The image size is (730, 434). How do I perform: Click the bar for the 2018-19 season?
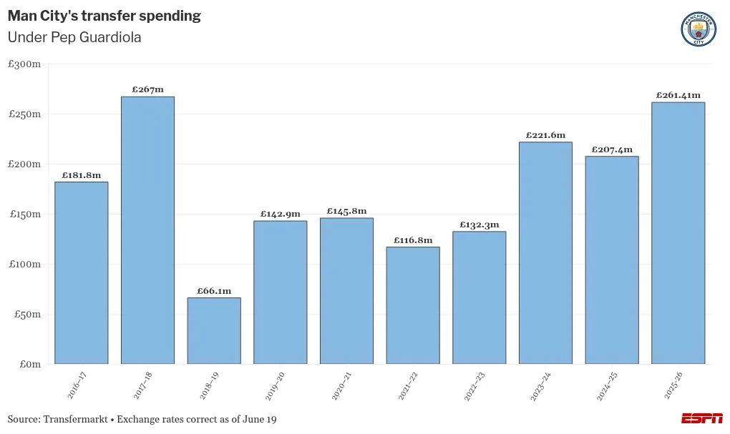(x=214, y=331)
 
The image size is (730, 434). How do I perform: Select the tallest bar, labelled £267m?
(x=147, y=230)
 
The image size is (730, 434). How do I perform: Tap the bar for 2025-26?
(x=678, y=233)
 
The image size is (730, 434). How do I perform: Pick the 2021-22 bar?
(x=413, y=305)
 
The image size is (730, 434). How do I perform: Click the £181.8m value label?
(x=82, y=175)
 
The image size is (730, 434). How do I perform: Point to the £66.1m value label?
(x=214, y=291)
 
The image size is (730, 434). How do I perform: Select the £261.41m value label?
(x=678, y=95)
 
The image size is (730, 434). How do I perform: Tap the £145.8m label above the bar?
(x=347, y=211)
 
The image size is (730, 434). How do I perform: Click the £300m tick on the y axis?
(x=24, y=64)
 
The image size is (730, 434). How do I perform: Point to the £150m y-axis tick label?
(x=25, y=214)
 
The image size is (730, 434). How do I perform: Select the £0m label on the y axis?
(x=30, y=364)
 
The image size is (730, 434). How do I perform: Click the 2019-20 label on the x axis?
(x=275, y=386)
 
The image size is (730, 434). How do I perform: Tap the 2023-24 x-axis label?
(x=540, y=386)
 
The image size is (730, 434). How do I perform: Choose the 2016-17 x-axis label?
(x=77, y=385)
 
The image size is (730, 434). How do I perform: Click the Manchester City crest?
(x=699, y=29)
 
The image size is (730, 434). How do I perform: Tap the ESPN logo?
(x=702, y=418)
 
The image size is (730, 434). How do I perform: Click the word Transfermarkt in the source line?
(x=75, y=419)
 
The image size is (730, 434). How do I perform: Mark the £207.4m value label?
(x=612, y=149)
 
